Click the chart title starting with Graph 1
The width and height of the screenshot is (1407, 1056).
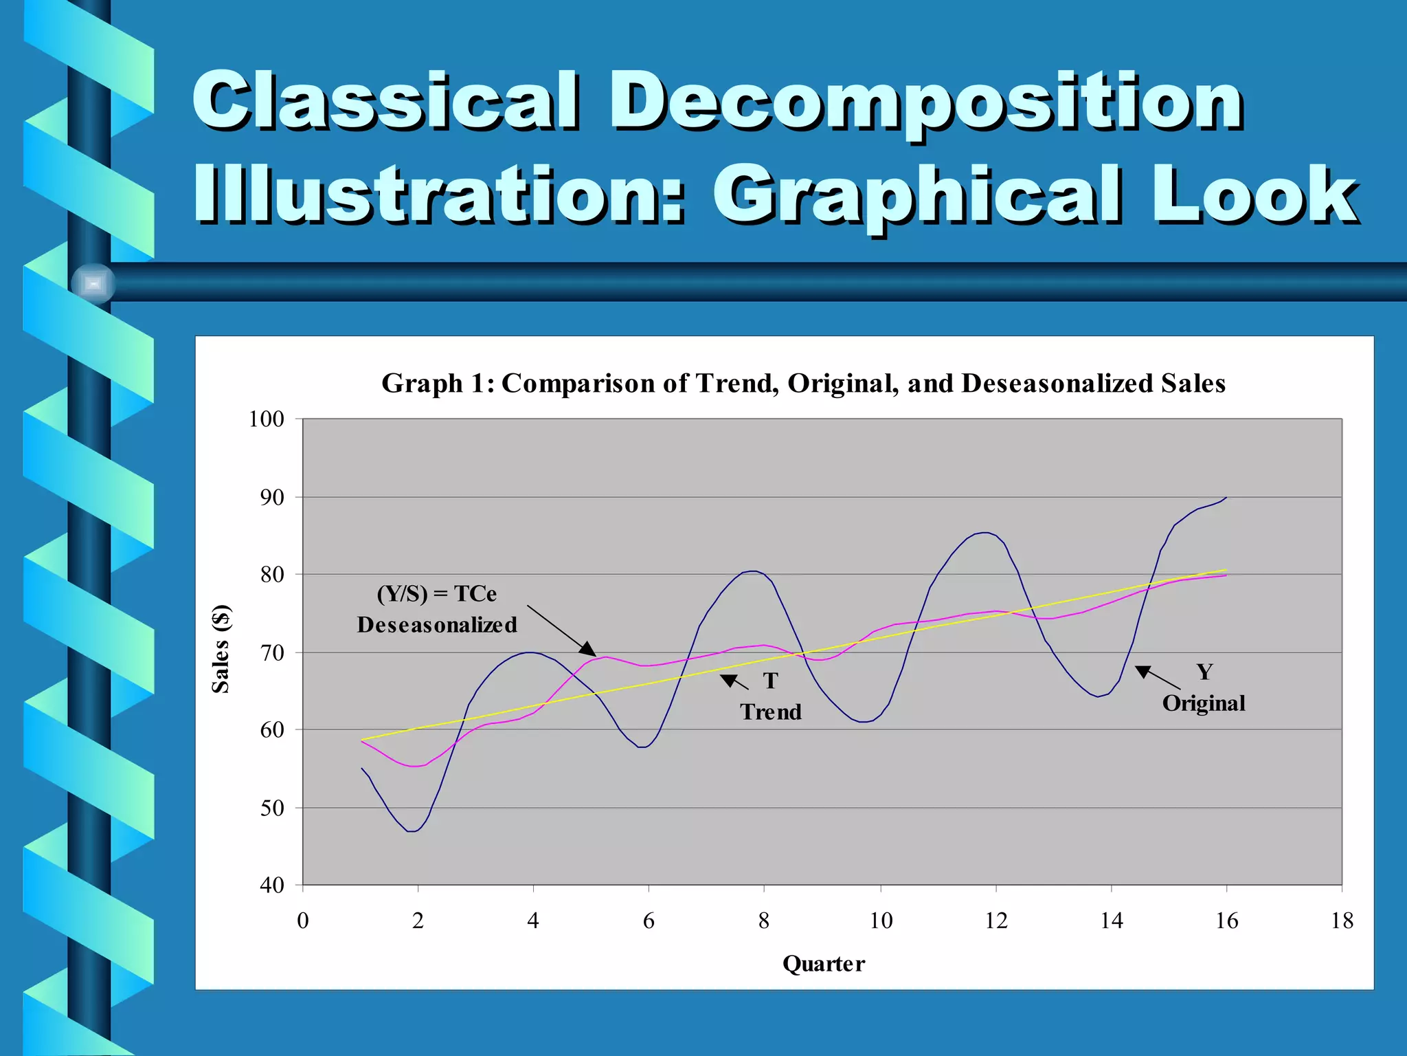pyautogui.click(x=803, y=384)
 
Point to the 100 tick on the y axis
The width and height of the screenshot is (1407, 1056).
pyautogui.click(x=267, y=419)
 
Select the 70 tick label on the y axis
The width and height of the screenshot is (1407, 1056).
pyautogui.click(x=272, y=652)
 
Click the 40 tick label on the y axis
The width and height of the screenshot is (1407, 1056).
pyautogui.click(x=272, y=885)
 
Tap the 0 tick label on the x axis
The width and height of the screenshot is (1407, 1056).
pyautogui.click(x=303, y=921)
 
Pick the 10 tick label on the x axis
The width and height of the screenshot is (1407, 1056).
pyautogui.click(x=881, y=921)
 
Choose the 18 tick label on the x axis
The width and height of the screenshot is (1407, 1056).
pyautogui.click(x=1342, y=921)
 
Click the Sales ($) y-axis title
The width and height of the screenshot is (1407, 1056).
pyautogui.click(x=221, y=649)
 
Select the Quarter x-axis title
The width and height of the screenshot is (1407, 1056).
pyautogui.click(x=824, y=964)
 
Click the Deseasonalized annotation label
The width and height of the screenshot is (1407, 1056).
pyautogui.click(x=437, y=625)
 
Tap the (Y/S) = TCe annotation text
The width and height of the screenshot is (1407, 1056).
pyautogui.click(x=437, y=593)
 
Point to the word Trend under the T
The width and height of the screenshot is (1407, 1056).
pyautogui.click(x=771, y=712)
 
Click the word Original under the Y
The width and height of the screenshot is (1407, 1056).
pyautogui.click(x=1204, y=703)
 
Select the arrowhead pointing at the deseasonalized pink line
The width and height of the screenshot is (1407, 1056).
pyautogui.click(x=589, y=650)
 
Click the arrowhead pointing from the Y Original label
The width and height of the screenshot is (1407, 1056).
pyautogui.click(x=1143, y=671)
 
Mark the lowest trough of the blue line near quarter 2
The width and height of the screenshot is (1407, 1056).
pyautogui.click(x=412, y=831)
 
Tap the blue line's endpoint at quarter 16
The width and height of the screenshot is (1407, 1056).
pyautogui.click(x=1226, y=497)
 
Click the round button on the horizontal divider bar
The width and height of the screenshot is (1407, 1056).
pyautogui.click(x=93, y=283)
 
